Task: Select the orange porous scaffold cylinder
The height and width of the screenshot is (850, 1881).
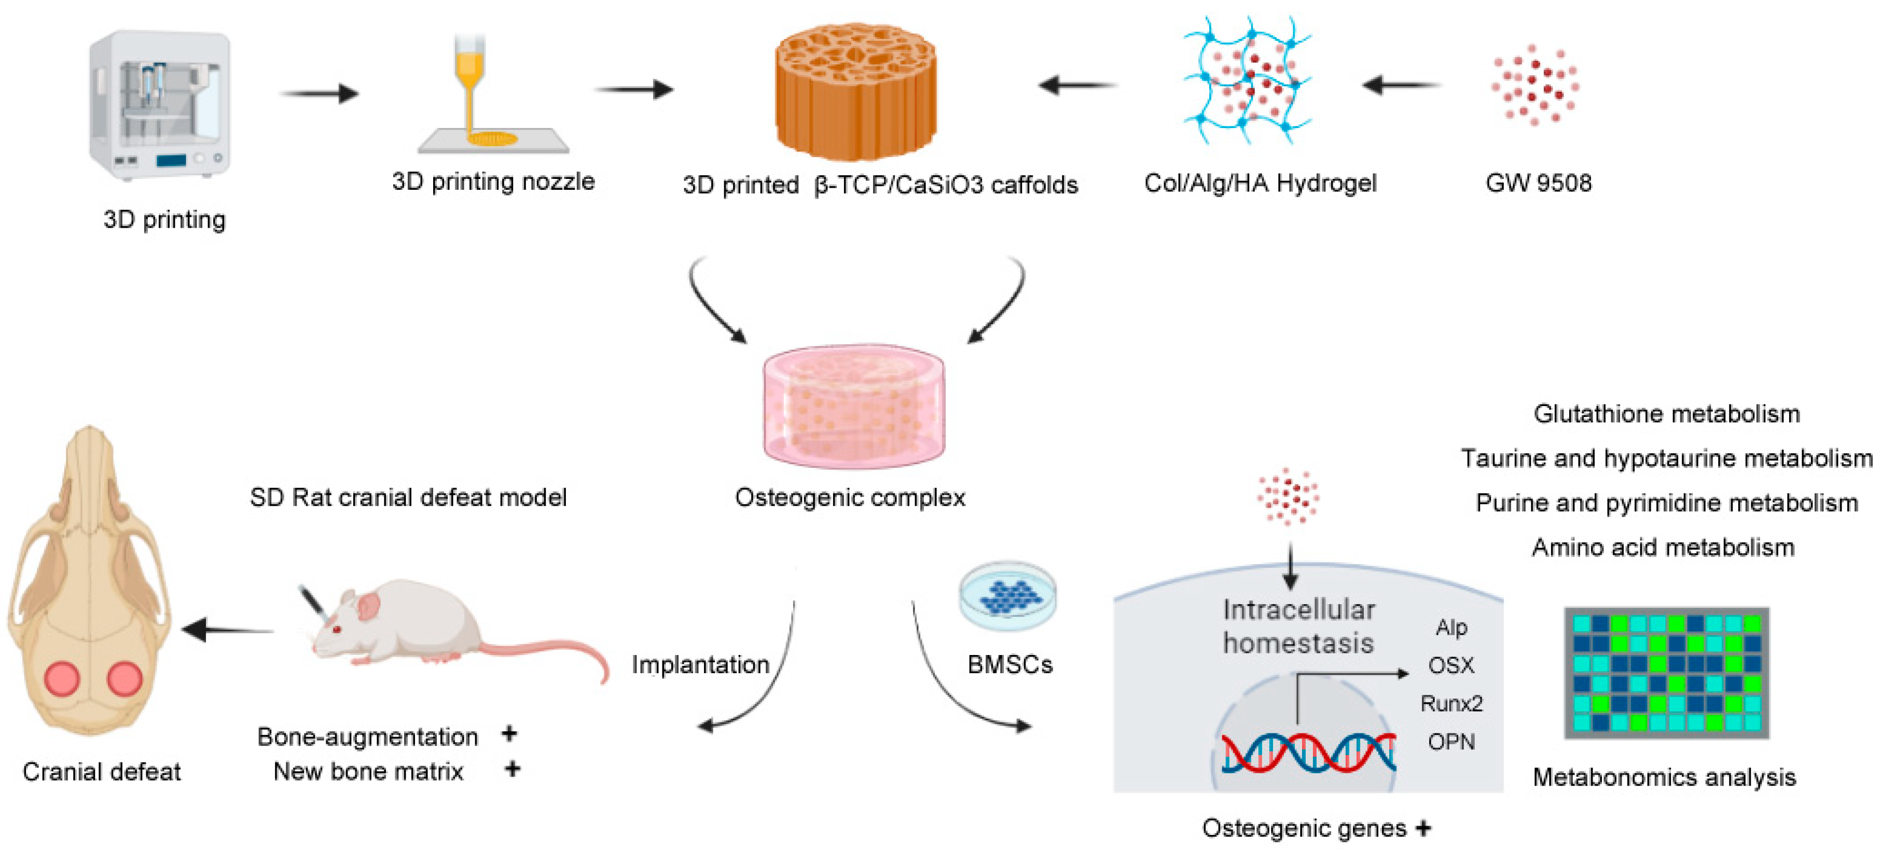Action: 856,91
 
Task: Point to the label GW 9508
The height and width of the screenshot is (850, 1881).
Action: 1538,183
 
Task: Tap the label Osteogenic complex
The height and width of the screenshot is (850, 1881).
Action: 849,497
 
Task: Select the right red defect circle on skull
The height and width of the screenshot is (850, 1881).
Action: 124,678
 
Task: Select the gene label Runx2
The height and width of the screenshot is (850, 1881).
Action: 1451,703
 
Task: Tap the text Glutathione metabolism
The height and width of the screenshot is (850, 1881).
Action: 1666,414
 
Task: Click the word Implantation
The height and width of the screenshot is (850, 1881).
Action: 699,664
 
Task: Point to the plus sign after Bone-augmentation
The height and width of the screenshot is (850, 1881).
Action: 509,733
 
